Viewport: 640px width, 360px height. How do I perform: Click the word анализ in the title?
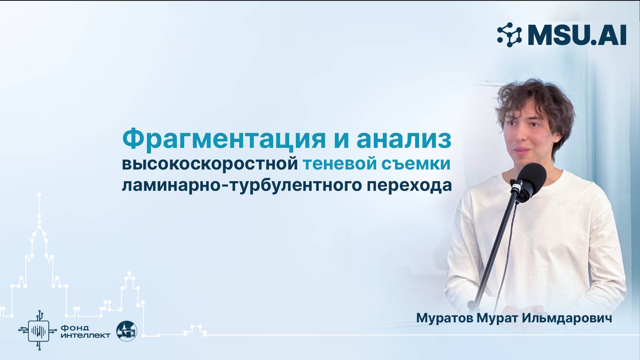(404, 139)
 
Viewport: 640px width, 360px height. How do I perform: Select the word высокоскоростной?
(210, 164)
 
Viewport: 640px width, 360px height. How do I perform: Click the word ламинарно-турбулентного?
(242, 185)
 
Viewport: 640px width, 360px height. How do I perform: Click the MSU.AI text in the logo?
(577, 35)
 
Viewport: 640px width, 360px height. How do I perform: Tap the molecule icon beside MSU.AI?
(509, 35)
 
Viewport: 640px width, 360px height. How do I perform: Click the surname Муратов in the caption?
(445, 318)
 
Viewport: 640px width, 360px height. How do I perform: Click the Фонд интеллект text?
(85, 331)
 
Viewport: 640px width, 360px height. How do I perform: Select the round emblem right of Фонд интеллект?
(127, 331)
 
